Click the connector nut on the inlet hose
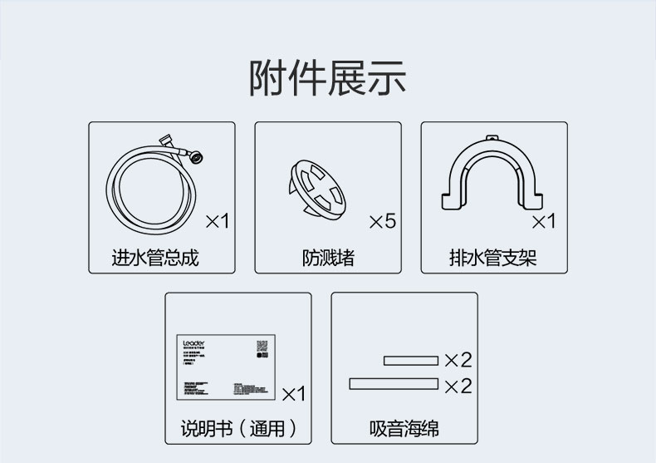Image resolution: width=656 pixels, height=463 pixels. [196, 155]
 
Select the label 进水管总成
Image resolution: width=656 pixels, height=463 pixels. [155, 257]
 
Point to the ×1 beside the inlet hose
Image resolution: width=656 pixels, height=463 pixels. [217, 221]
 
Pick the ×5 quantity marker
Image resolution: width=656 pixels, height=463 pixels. [382, 221]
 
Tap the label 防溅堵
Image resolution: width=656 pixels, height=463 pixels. [328, 257]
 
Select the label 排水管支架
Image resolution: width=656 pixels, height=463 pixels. [493, 257]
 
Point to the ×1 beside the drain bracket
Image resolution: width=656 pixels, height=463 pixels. [543, 221]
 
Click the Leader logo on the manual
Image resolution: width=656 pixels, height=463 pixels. [193, 342]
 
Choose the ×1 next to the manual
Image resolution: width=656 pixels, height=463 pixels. [294, 392]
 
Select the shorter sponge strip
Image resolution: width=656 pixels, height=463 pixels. [410, 361]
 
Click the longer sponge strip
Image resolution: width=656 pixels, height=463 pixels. [394, 383]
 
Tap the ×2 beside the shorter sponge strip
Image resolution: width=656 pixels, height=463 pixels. [458, 360]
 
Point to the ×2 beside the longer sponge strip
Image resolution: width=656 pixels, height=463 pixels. [458, 385]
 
